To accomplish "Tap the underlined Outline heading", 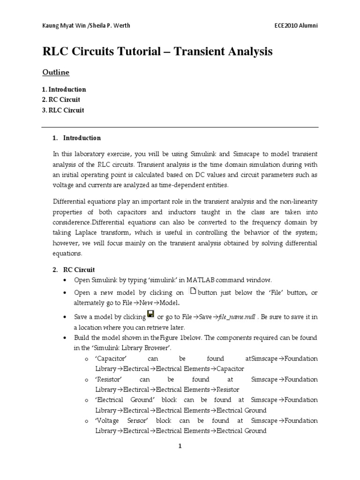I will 56,72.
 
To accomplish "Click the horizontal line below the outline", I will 180,127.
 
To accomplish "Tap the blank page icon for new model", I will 193,291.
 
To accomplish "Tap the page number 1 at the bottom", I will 180,447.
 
